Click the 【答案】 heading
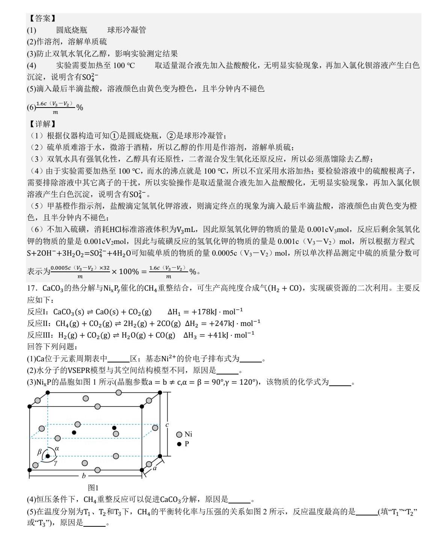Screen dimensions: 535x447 [42, 18]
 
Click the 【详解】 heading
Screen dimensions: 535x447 [42, 124]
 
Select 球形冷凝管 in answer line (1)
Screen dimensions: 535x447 [127, 30]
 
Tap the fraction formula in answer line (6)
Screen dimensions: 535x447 [55, 108]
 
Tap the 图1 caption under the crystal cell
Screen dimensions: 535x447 [93, 488]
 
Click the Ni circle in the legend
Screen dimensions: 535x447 [179, 435]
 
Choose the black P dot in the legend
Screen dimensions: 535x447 [179, 444]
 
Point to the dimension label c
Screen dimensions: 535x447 [167, 425]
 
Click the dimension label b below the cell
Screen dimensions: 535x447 [84, 476]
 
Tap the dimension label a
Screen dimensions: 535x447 [154, 468]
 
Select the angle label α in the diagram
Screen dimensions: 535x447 [57, 448]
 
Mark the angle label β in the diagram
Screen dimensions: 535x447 [39, 452]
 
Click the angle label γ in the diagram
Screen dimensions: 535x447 [55, 463]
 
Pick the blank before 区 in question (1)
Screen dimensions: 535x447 [119, 359]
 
